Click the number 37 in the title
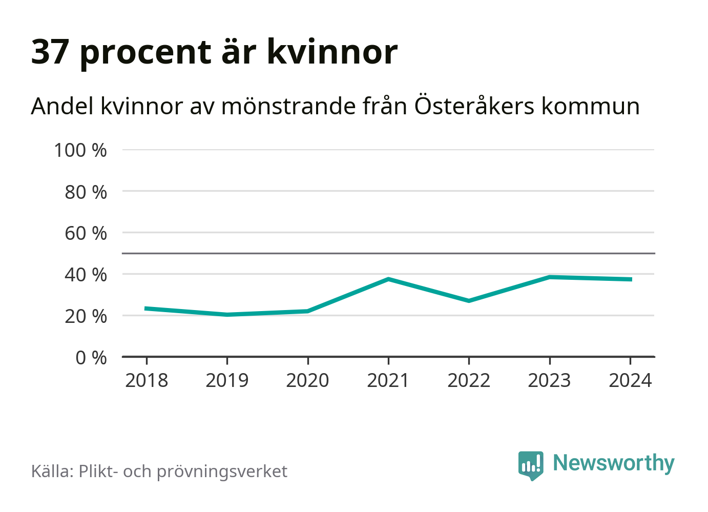tap(50, 52)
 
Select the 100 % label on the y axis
tap(80, 150)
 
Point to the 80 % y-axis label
tap(86, 192)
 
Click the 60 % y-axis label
tap(86, 233)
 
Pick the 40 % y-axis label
tap(86, 275)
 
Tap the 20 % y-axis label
tap(86, 316)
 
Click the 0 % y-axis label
tap(91, 357)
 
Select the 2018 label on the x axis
tap(147, 380)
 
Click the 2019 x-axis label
tap(227, 380)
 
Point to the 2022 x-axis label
tap(469, 380)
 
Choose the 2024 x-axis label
tap(630, 380)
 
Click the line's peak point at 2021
tap(388, 279)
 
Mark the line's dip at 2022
tap(469, 301)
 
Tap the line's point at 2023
tap(549, 277)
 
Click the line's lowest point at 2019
tap(227, 315)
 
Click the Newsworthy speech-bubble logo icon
tap(530, 465)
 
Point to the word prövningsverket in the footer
tap(222, 471)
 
